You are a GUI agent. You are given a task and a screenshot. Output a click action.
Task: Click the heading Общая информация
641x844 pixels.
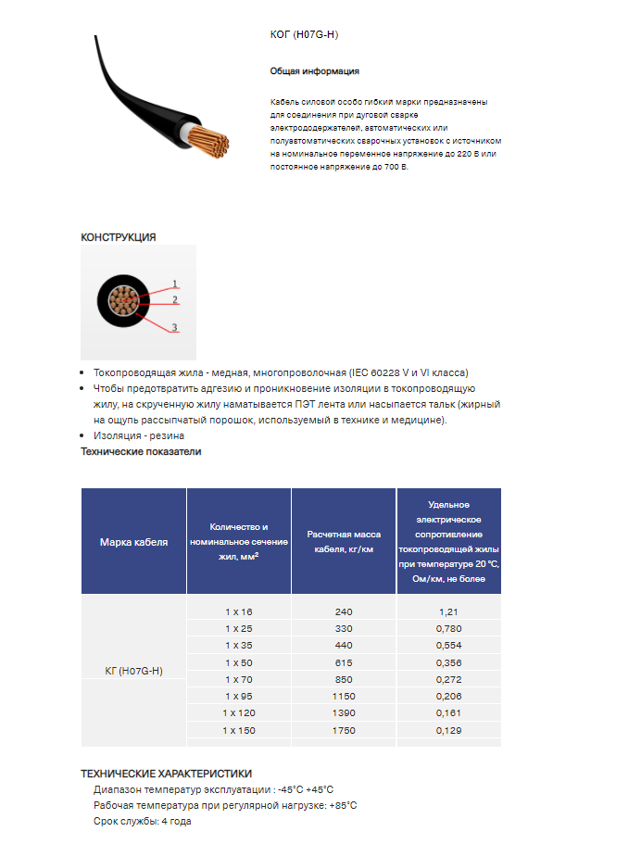[314, 71]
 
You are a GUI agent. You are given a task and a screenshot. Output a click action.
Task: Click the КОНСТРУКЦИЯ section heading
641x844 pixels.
[119, 237]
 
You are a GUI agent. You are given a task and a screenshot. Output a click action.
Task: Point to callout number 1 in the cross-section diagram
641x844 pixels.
[174, 283]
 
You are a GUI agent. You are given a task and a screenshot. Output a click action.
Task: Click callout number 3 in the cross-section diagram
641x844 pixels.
[174, 328]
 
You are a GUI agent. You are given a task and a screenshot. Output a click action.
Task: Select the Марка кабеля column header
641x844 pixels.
[133, 542]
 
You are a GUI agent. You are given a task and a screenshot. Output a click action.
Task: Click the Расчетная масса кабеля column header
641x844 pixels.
[344, 542]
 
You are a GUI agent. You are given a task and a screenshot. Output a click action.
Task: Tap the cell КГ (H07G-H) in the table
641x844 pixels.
[133, 671]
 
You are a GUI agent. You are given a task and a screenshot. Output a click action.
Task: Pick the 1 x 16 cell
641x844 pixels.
[238, 612]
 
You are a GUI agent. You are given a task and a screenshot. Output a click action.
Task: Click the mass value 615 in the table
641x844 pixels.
[343, 663]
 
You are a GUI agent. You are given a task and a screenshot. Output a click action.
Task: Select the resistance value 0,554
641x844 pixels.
[448, 646]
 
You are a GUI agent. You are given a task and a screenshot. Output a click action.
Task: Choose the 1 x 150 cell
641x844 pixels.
[238, 731]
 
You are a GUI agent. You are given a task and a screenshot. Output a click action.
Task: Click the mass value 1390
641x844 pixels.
[343, 714]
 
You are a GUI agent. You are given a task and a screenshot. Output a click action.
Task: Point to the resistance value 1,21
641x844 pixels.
[448, 612]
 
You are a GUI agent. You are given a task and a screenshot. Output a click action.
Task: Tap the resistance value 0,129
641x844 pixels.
[448, 731]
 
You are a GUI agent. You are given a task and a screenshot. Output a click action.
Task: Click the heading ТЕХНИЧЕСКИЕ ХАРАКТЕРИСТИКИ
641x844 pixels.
[166, 774]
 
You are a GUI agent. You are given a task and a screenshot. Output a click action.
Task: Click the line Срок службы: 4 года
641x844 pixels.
[142, 822]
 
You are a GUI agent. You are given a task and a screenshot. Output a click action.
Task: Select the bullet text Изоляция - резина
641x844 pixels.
[139, 435]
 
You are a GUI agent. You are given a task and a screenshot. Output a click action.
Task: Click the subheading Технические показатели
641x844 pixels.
[141, 452]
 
